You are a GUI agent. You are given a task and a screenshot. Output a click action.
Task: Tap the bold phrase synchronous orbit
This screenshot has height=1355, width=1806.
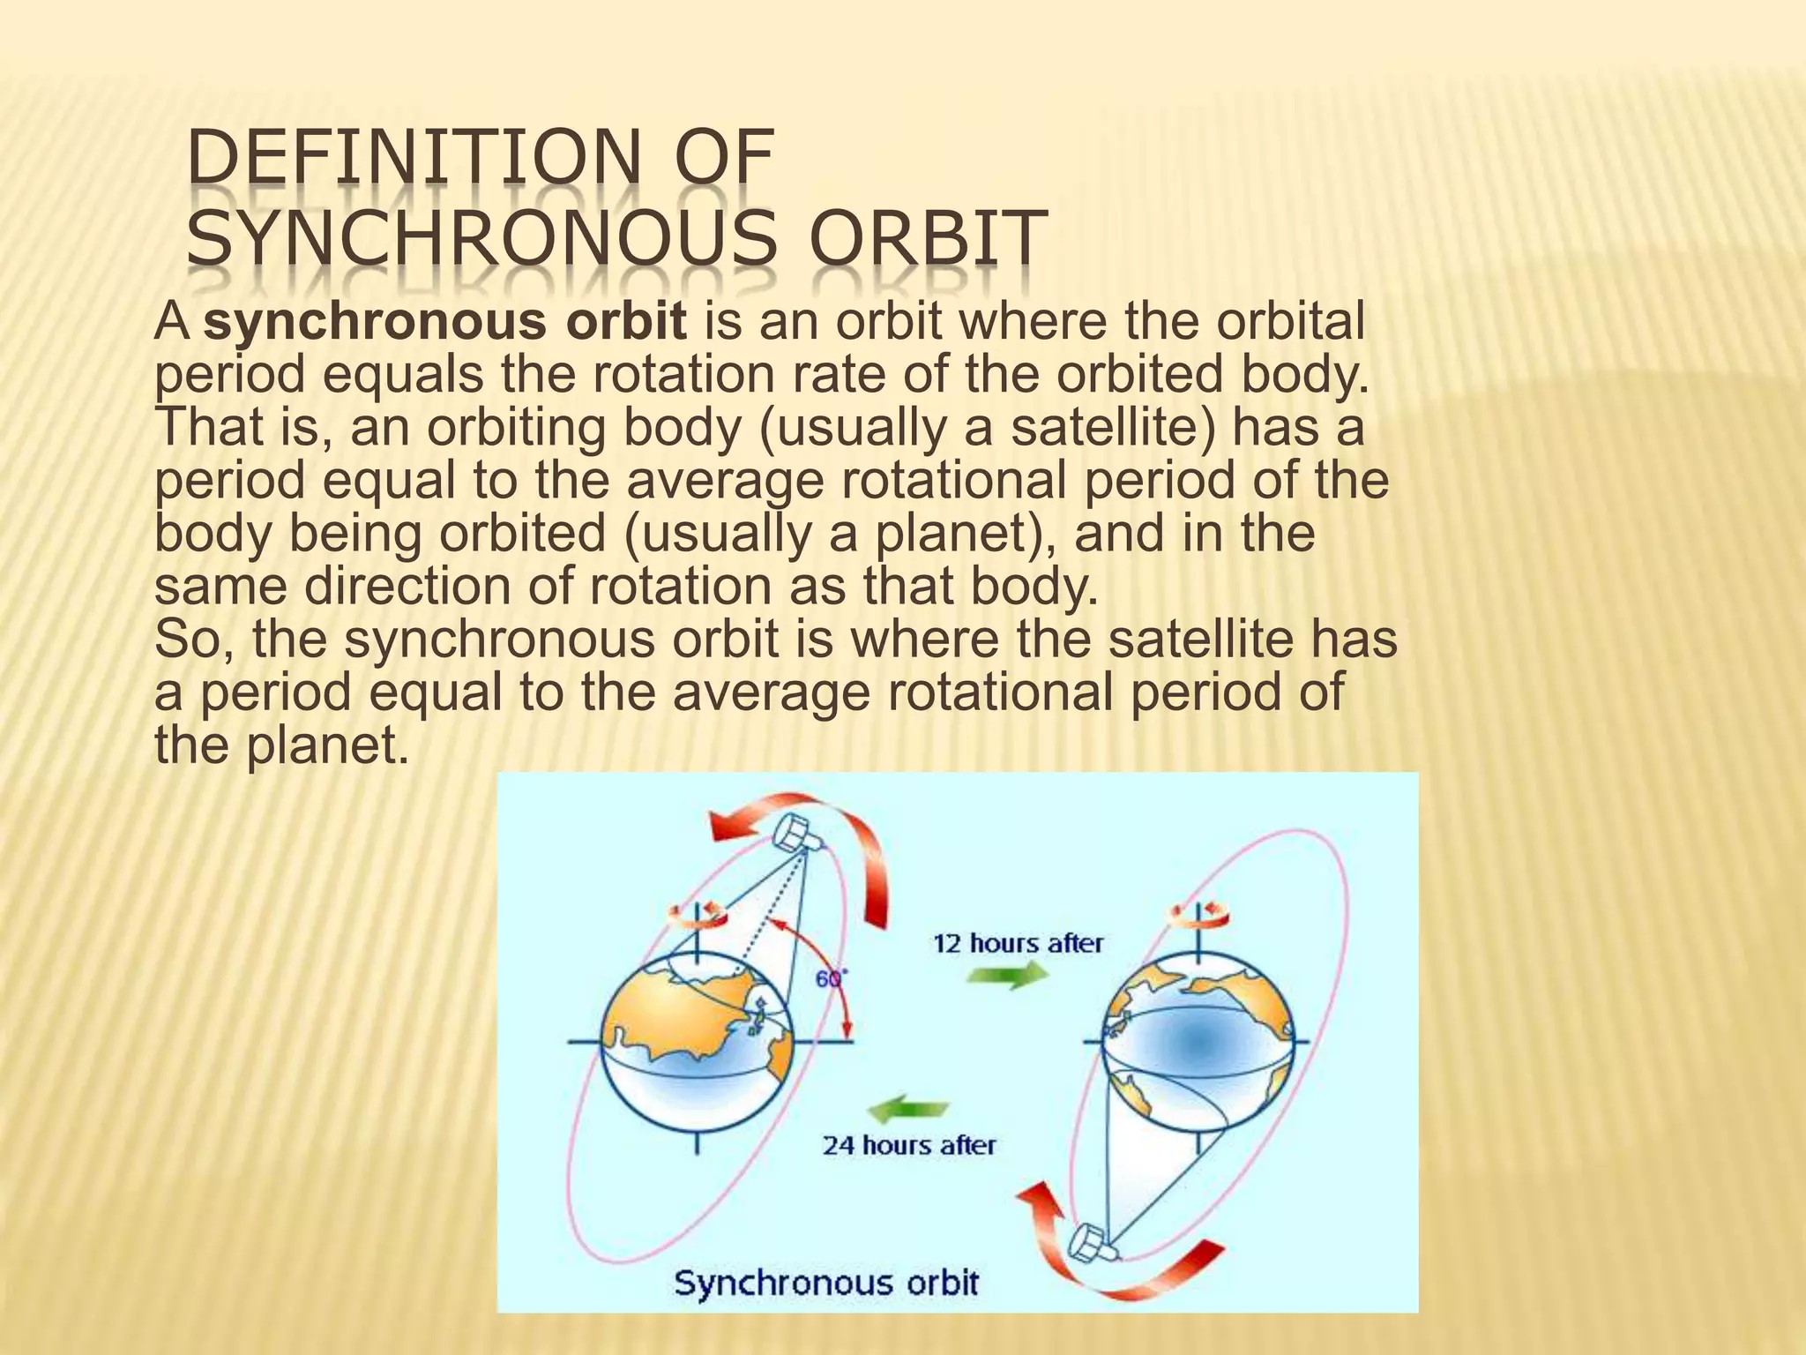click(445, 321)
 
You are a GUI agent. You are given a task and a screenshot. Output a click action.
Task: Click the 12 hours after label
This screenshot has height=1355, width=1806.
click(1018, 943)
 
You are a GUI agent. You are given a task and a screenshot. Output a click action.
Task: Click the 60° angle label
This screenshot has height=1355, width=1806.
click(829, 978)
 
